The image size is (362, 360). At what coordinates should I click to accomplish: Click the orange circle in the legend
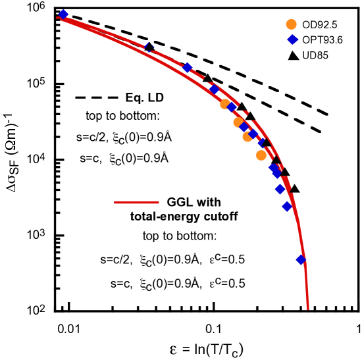click(291, 24)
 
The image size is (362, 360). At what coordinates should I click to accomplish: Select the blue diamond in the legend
click(292, 39)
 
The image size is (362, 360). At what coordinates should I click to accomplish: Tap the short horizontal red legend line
click(136, 203)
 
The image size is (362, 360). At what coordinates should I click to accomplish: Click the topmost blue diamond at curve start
click(63, 14)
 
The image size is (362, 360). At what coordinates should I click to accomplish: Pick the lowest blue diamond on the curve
click(301, 260)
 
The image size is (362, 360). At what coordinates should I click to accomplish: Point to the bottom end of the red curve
click(307, 308)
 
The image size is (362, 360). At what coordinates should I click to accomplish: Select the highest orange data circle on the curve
click(225, 103)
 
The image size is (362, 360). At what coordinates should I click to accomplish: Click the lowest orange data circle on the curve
click(261, 155)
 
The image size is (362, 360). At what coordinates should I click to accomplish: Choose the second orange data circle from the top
click(238, 122)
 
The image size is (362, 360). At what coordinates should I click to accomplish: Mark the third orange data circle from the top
click(247, 137)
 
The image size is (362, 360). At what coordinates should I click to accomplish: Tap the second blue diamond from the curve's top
click(149, 47)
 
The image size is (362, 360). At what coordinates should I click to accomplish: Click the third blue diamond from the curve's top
click(188, 67)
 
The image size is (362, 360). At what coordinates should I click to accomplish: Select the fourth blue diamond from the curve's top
click(214, 89)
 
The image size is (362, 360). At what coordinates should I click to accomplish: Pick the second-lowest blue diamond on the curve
click(287, 206)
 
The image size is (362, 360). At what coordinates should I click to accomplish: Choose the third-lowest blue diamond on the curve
click(280, 189)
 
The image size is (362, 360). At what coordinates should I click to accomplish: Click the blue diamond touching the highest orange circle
click(232, 107)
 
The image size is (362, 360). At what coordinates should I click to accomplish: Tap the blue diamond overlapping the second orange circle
click(244, 126)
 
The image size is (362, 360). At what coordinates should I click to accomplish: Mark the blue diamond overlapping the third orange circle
click(254, 134)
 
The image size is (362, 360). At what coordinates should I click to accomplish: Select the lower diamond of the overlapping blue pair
click(276, 172)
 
